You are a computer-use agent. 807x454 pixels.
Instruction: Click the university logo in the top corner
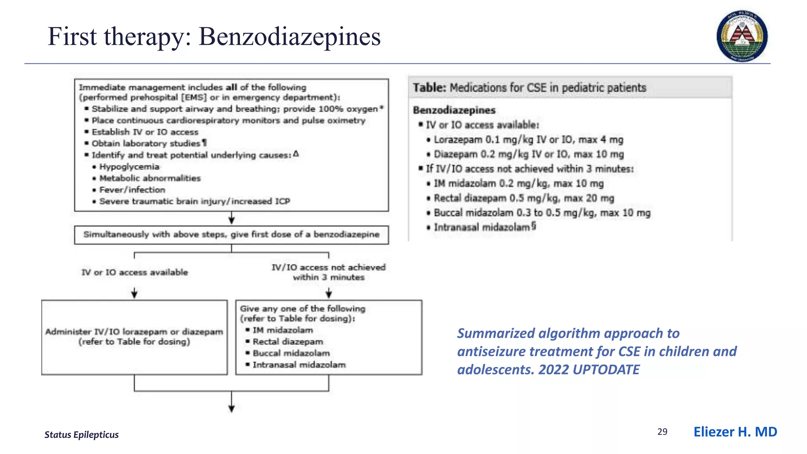742,36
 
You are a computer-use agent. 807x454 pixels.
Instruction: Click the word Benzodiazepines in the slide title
290,37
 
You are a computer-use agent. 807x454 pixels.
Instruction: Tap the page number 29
662,432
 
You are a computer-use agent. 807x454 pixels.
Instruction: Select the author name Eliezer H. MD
735,432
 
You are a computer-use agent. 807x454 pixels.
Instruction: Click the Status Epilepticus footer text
82,435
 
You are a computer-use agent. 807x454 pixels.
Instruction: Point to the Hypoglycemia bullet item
129,167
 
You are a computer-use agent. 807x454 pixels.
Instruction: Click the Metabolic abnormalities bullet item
150,178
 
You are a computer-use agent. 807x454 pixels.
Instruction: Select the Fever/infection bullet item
132,190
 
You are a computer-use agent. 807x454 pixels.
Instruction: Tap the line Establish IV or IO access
145,132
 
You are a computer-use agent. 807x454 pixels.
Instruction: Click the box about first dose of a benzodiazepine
231,235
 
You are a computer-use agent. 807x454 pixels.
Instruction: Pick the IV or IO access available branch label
134,272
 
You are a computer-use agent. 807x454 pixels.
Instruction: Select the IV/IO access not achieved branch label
329,272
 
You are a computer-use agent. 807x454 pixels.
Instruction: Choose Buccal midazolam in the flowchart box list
291,353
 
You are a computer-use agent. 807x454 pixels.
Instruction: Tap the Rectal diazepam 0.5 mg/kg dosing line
524,198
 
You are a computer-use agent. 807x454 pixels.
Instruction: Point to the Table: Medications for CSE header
529,87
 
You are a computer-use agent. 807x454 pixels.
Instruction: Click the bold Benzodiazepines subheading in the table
454,110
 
